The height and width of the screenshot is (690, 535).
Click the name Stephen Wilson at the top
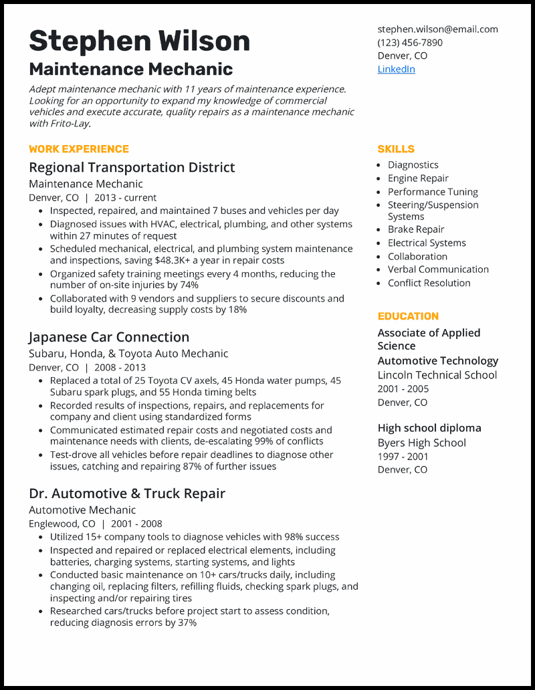(139, 41)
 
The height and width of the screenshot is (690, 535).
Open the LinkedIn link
(396, 69)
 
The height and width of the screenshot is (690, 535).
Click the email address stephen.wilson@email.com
(437, 29)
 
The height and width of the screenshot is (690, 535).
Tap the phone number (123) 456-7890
(409, 42)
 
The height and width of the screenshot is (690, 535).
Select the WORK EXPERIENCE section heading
(78, 149)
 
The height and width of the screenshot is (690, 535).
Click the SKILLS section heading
(396, 149)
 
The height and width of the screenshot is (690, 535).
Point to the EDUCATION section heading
(408, 316)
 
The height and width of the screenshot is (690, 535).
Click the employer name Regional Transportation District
(132, 167)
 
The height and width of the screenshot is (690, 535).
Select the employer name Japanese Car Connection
(109, 337)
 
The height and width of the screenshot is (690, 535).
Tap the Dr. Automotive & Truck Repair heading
(127, 493)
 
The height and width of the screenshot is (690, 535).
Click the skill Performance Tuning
(433, 192)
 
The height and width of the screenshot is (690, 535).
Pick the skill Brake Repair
(416, 229)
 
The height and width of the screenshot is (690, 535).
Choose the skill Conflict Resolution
(429, 283)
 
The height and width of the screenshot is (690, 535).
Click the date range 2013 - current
(125, 198)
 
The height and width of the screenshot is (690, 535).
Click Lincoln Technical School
(437, 374)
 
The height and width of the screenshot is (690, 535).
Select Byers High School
(421, 443)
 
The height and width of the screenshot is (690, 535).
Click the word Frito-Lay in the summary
(69, 124)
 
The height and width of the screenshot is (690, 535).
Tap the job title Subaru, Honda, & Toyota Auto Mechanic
(128, 353)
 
